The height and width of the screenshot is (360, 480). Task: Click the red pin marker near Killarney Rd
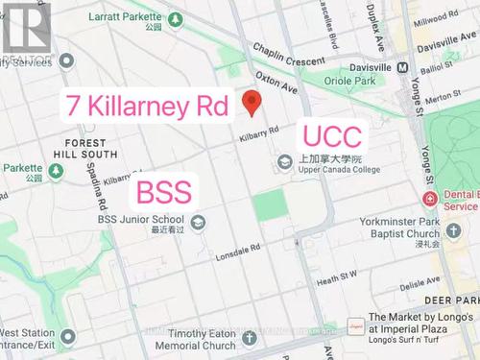pos(252,100)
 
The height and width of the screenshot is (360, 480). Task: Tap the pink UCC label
pos(332,135)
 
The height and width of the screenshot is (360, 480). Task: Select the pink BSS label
pos(164,191)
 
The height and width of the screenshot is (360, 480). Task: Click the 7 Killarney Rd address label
pos(147,105)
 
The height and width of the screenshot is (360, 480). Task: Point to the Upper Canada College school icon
pos(284,163)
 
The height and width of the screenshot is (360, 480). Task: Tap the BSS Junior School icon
pos(198,223)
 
